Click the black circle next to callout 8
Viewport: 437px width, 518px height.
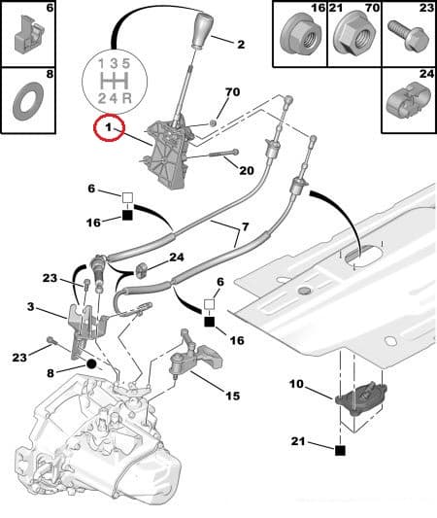pyautogui.click(x=91, y=363)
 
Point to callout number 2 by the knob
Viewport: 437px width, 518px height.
pyautogui.click(x=241, y=44)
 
